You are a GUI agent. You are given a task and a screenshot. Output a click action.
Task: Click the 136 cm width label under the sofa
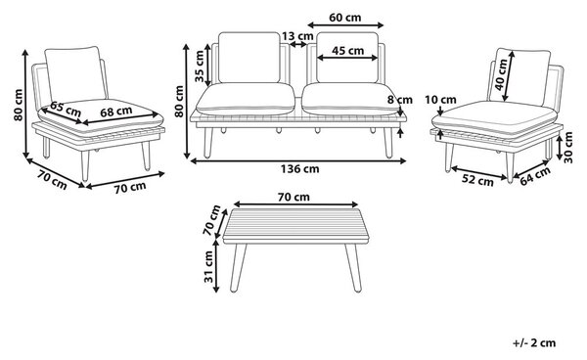(x=300, y=169)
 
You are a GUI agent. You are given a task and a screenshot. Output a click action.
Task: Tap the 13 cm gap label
(x=297, y=36)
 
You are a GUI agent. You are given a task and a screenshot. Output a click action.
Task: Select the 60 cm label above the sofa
(x=344, y=18)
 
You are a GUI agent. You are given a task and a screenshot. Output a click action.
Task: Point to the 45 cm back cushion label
(x=347, y=50)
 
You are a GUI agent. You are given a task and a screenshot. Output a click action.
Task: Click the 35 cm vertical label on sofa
(x=200, y=66)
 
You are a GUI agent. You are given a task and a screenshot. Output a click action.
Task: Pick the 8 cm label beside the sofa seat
(x=400, y=100)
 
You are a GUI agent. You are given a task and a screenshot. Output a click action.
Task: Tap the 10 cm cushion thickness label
(x=440, y=100)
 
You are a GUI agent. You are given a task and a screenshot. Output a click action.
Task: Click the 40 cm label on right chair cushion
(x=501, y=75)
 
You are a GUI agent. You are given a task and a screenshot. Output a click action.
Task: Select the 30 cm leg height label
(x=568, y=147)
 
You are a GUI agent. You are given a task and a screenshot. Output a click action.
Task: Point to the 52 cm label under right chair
(x=477, y=180)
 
